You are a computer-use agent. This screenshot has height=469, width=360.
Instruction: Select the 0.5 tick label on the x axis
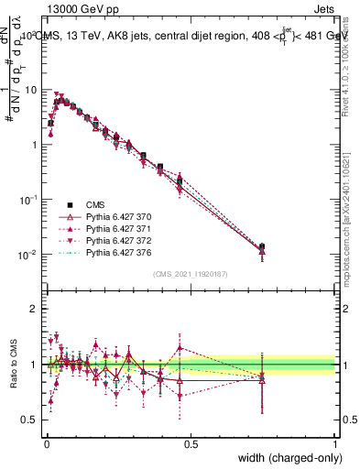click(x=191, y=443)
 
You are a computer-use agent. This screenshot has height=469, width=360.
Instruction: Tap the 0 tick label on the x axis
click(x=47, y=443)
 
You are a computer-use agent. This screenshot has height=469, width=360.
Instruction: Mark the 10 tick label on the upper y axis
click(x=30, y=90)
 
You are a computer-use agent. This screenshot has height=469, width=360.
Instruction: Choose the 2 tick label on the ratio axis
click(x=35, y=309)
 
